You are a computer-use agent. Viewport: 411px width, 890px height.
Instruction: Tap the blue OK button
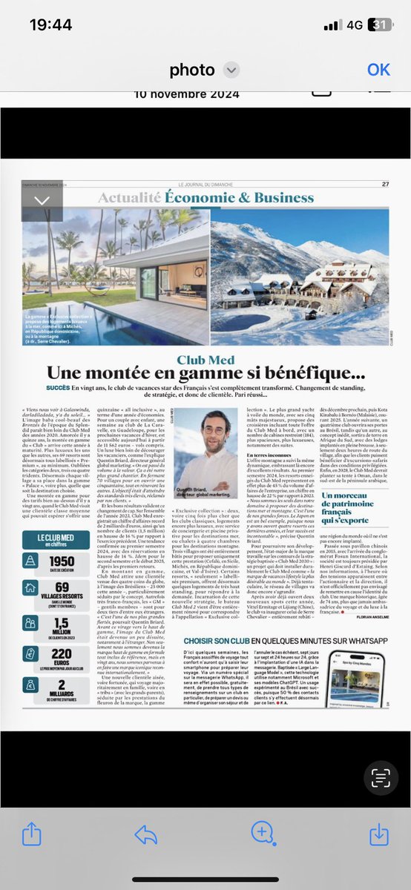(378, 69)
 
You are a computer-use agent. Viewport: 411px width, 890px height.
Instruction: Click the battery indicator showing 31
(380, 24)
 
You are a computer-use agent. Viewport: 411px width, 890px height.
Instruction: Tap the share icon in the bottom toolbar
(31, 834)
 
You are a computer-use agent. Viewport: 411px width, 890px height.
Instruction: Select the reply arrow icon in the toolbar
(146, 834)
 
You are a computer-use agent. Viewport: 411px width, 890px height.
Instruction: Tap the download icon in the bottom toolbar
(378, 834)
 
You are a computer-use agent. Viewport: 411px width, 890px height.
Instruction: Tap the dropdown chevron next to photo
(231, 70)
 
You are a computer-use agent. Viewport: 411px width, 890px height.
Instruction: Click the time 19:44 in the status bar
(50, 24)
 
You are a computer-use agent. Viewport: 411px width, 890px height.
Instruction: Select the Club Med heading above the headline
(205, 360)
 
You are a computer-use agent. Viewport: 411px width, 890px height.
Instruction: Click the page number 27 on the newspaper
(385, 185)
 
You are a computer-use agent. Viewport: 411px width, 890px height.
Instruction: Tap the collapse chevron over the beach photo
(42, 200)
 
